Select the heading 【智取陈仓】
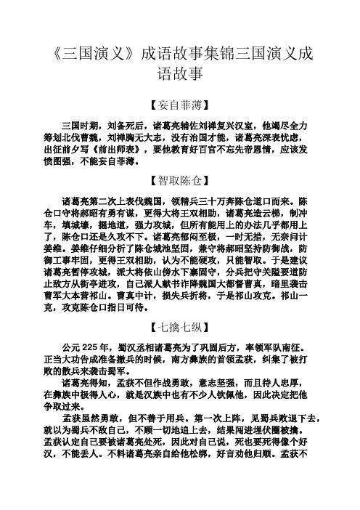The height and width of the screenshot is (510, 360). pyautogui.click(x=179, y=178)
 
